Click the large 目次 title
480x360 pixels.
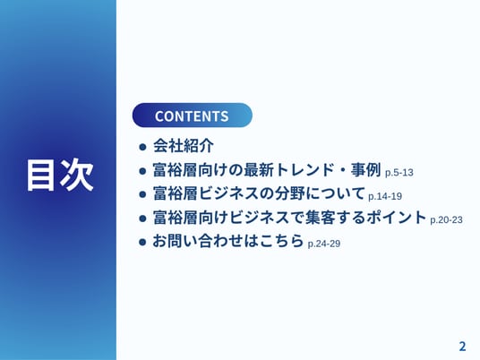[60, 176]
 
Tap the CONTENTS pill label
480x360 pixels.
[192, 116]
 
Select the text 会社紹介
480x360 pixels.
[184, 145]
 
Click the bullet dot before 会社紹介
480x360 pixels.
[142, 147]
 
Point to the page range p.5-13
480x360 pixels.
[399, 173]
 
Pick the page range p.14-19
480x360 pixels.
[385, 196]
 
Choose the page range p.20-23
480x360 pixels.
[446, 219]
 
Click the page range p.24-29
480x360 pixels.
[324, 244]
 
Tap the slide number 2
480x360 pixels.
[462, 347]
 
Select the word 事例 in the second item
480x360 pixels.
[365, 169]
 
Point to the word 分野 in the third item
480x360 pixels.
[289, 193]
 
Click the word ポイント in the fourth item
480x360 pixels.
[396, 217]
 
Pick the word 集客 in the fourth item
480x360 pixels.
[320, 217]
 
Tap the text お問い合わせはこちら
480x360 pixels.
[228, 241]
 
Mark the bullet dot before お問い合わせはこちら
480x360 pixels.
[142, 242]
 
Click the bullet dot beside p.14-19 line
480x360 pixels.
[142, 194]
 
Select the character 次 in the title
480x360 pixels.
[77, 176]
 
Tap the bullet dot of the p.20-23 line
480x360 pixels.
[142, 219]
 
